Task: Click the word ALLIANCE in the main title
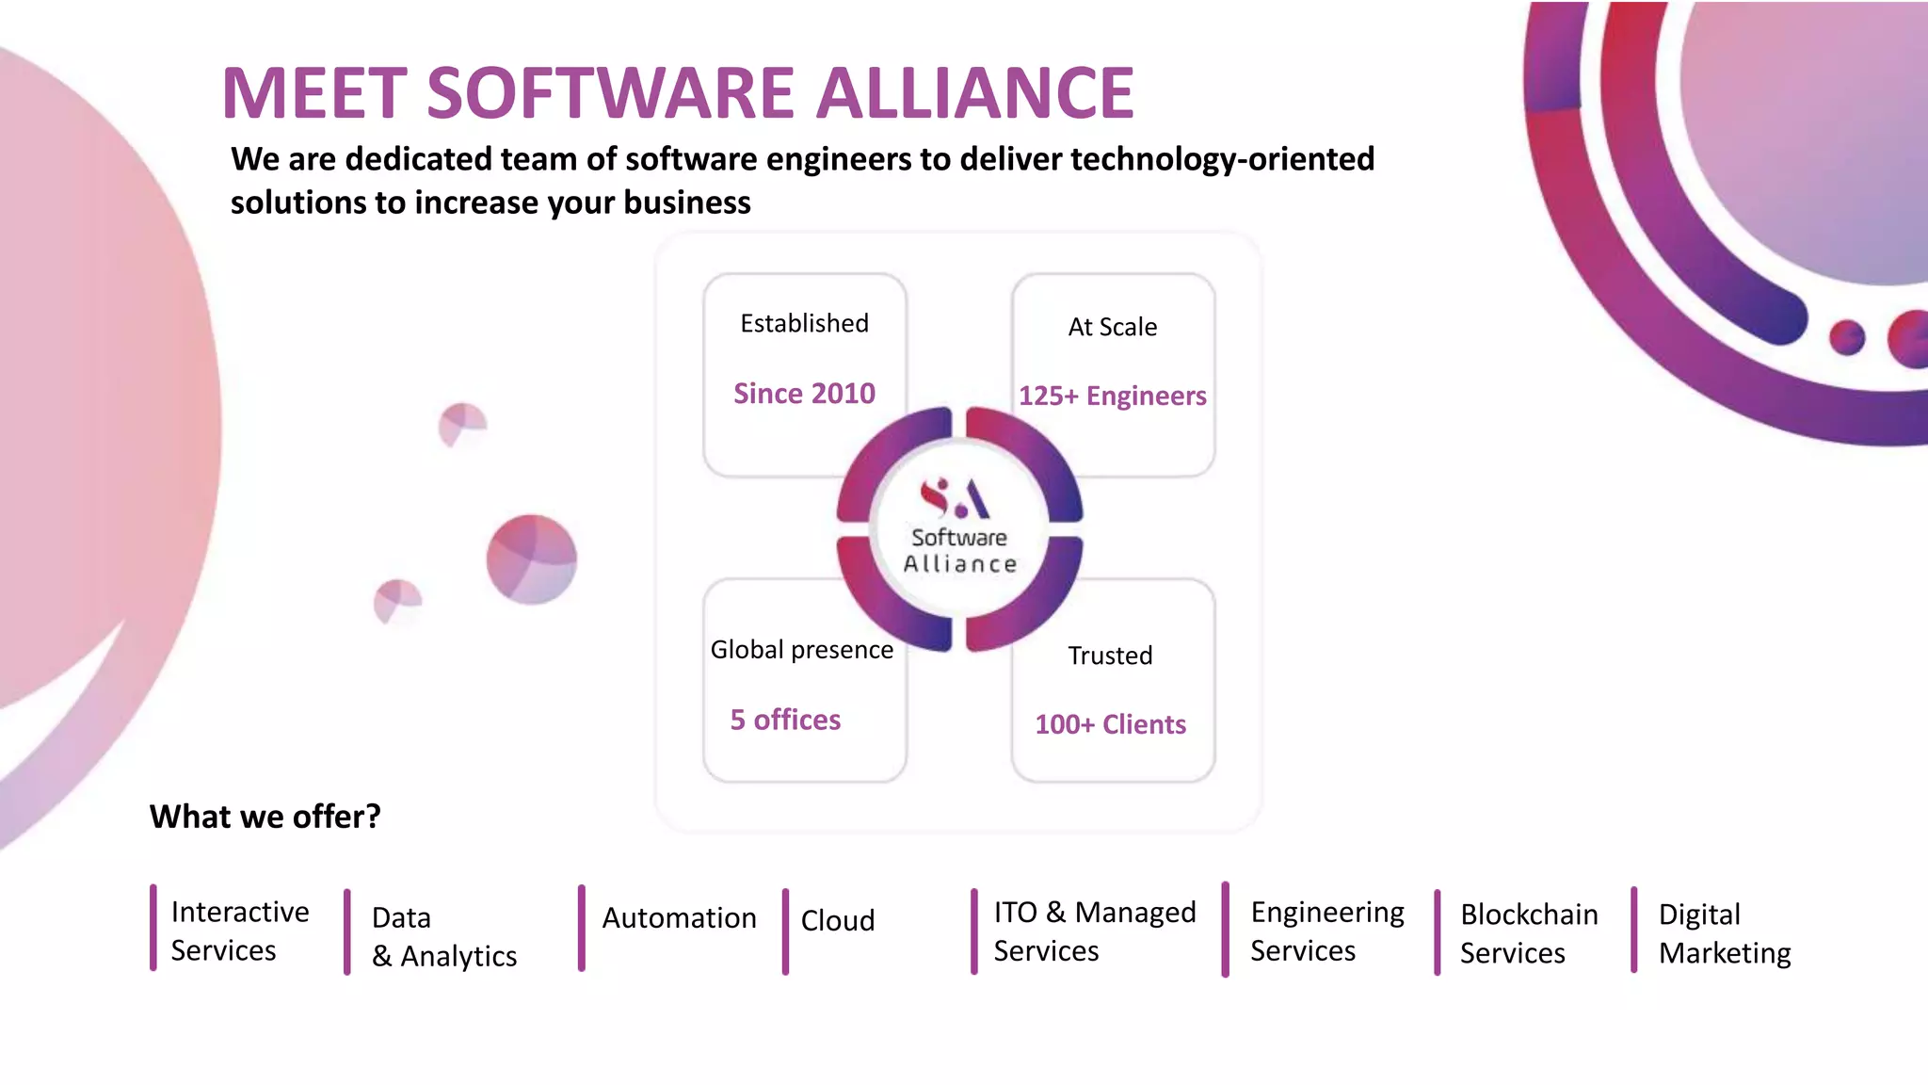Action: coord(975,93)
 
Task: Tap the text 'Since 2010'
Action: coord(804,393)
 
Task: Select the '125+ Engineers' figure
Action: coord(1112,396)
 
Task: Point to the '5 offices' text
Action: coord(785,720)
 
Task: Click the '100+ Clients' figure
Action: coord(1110,724)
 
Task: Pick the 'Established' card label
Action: coord(804,323)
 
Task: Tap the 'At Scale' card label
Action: coord(1112,327)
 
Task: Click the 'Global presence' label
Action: coord(801,650)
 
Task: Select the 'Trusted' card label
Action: coord(1110,656)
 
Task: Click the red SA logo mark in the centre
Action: coord(955,498)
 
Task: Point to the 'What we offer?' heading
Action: coord(265,817)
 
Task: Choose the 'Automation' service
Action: coord(679,918)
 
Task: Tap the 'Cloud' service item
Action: coord(838,920)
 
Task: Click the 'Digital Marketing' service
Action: coord(1724,933)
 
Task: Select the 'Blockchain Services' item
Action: coord(1529,933)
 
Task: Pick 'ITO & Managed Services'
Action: coord(1094,931)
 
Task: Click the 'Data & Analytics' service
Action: coord(443,937)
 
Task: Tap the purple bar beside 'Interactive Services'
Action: coord(153,928)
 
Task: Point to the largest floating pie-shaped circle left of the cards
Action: coord(531,559)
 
